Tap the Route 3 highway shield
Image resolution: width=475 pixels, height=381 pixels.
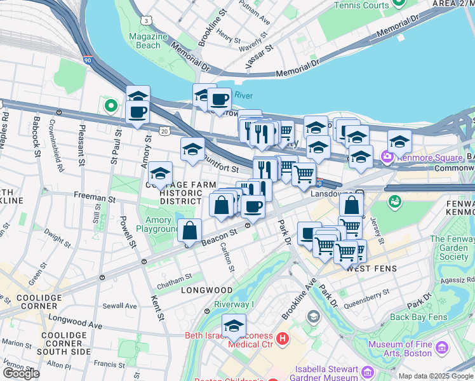click(x=147, y=21)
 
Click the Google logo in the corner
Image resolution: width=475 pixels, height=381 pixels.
click(x=20, y=373)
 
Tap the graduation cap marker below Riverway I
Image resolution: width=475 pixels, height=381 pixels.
click(x=234, y=326)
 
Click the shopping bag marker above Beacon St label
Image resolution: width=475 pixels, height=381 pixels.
click(x=190, y=231)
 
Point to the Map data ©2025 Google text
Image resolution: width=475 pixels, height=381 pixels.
click(x=436, y=376)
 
